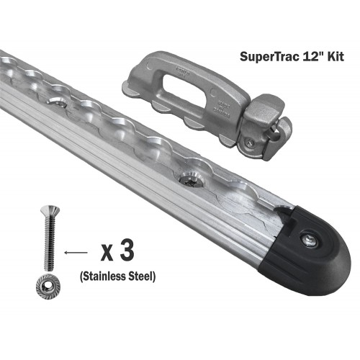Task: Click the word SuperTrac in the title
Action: click(x=269, y=57)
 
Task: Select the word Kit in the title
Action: click(x=336, y=56)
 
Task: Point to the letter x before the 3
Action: click(x=107, y=253)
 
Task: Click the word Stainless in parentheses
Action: click(x=103, y=276)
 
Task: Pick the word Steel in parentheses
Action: click(x=142, y=276)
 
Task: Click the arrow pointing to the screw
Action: click(x=76, y=252)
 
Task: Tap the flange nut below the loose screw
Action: click(x=48, y=285)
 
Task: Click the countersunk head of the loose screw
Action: click(x=50, y=210)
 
